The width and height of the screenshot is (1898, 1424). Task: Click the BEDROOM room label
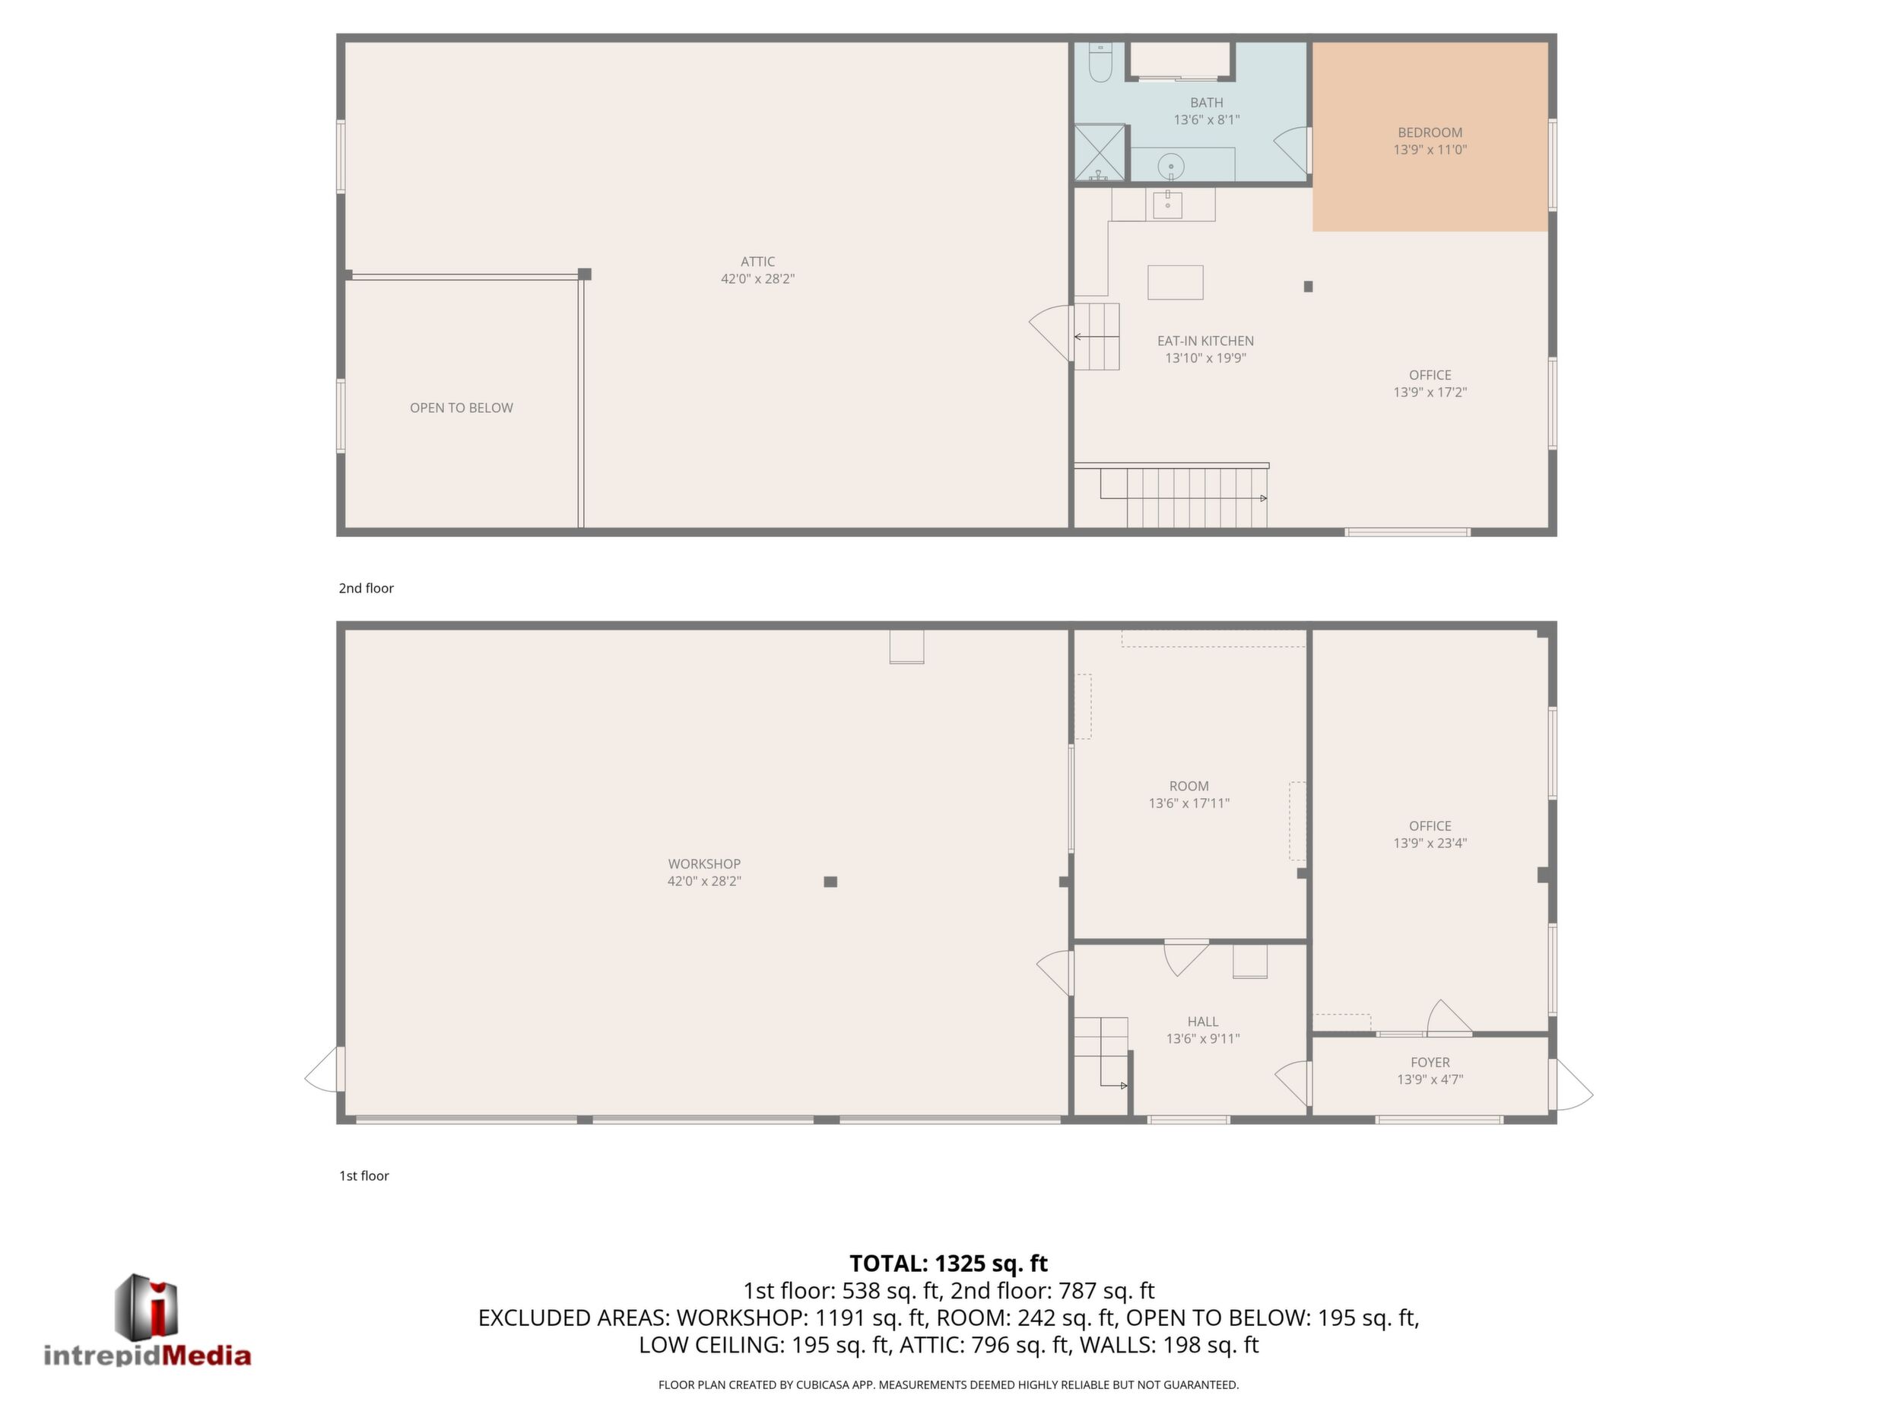pyautogui.click(x=1430, y=132)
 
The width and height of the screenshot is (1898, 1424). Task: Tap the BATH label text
pyautogui.click(x=1207, y=103)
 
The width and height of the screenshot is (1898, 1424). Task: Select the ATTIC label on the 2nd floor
pyautogui.click(x=757, y=262)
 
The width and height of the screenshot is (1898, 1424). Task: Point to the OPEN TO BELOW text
pyautogui.click(x=462, y=408)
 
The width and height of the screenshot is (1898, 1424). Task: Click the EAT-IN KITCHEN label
pyautogui.click(x=1205, y=341)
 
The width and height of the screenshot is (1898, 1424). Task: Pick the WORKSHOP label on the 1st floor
pyautogui.click(x=704, y=863)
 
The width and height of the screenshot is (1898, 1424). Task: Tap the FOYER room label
pyautogui.click(x=1430, y=1062)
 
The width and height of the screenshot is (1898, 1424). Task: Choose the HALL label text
pyautogui.click(x=1203, y=1022)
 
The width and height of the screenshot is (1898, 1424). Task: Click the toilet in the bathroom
pyautogui.click(x=1100, y=62)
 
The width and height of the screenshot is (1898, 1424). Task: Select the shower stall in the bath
pyautogui.click(x=1100, y=153)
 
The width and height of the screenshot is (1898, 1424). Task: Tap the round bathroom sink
pyautogui.click(x=1170, y=166)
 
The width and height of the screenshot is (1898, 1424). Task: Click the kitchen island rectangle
pyautogui.click(x=1176, y=282)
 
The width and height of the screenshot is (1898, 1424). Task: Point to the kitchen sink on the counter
pyautogui.click(x=1168, y=205)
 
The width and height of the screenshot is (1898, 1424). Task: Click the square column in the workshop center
pyautogui.click(x=830, y=882)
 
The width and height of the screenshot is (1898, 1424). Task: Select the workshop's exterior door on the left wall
pyautogui.click(x=325, y=1069)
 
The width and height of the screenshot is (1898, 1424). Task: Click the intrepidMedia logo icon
pyautogui.click(x=147, y=1306)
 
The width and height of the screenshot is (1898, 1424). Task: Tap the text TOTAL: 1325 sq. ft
pyautogui.click(x=948, y=1263)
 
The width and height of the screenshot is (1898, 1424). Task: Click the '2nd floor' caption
pyautogui.click(x=367, y=588)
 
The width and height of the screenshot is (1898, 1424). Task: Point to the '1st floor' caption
pyautogui.click(x=363, y=1176)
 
